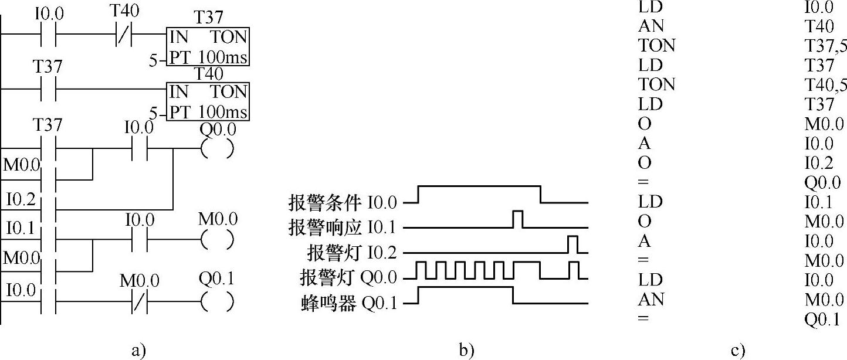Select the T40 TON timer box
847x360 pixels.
pyautogui.click(x=208, y=101)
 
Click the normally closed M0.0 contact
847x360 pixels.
pyautogui.click(x=139, y=301)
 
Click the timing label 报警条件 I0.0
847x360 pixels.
pyautogui.click(x=342, y=203)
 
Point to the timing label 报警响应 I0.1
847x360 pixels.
pyautogui.click(x=342, y=227)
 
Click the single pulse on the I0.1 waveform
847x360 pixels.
pyautogui.click(x=518, y=219)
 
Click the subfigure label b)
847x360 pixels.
pyautogui.click(x=466, y=351)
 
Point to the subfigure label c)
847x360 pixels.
pyautogui.click(x=738, y=351)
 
